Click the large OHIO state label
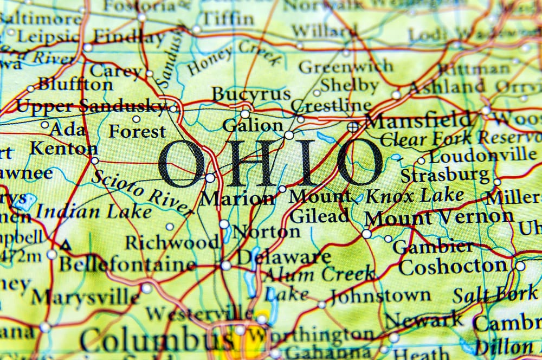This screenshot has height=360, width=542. pos(271,163)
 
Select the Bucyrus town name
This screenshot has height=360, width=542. pos(250,94)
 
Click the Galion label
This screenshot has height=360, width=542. pos(253,126)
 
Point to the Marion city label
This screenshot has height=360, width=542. pos(237,198)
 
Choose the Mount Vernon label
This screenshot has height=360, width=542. pos(438,217)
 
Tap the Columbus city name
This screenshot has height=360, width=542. pos(157,340)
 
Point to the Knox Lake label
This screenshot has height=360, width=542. pos(415,196)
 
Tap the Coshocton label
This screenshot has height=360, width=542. pos(453,267)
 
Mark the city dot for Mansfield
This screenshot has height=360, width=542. pos(353,127)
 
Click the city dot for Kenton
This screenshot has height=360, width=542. pos(95,160)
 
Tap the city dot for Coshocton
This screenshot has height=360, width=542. pos(520,266)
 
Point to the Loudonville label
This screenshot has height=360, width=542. pos(482,156)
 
